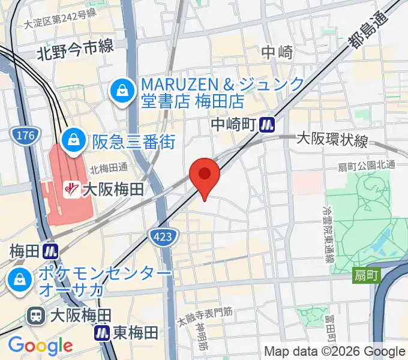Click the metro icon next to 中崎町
tap(267, 125)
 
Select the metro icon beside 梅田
tap(51, 250)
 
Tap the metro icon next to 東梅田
tap(103, 332)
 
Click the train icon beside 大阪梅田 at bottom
tap(37, 315)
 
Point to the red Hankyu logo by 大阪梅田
tap(71, 190)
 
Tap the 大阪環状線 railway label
tap(332, 141)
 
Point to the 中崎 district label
tap(277, 53)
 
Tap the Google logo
tap(40, 345)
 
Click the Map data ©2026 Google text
tap(335, 352)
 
